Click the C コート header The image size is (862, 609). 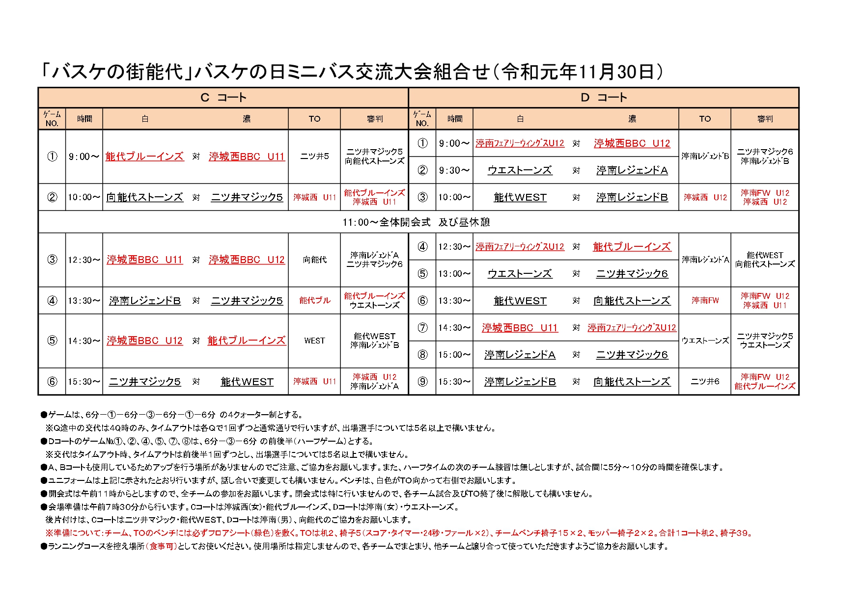point(223,98)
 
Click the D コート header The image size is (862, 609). point(604,98)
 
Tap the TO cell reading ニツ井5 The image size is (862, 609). point(314,157)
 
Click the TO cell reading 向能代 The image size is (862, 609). point(314,260)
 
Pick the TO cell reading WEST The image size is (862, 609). point(314,341)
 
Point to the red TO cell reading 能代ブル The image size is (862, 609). point(314,300)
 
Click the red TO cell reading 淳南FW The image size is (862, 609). point(705,300)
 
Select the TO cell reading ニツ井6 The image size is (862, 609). point(705,381)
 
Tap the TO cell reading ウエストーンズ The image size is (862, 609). point(705,341)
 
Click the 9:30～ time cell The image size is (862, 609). point(454,170)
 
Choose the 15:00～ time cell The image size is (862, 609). point(454,354)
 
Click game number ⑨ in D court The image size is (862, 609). point(422,381)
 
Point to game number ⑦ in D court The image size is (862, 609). point(422,327)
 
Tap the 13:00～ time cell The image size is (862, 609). point(454,273)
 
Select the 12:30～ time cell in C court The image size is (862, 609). point(84,260)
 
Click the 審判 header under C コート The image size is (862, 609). point(374,119)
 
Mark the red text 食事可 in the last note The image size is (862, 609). point(162,546)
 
